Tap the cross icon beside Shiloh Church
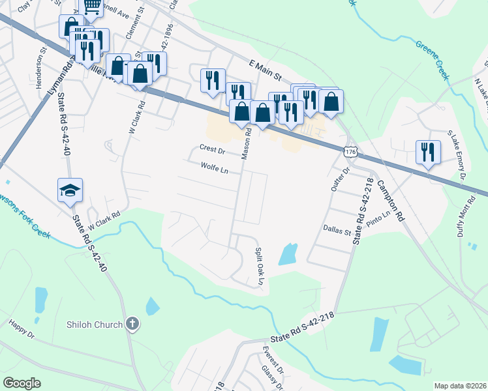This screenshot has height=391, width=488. click(132, 323)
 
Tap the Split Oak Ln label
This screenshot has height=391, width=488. click(258, 265)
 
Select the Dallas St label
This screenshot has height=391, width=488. click(337, 231)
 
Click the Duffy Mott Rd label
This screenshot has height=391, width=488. click(471, 216)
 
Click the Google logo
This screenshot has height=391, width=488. click(22, 383)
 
